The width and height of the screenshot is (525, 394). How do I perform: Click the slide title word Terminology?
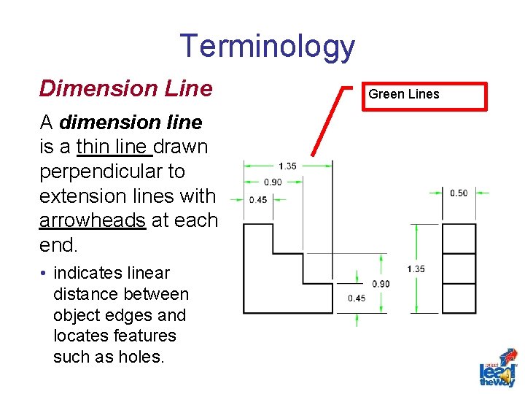(x=267, y=46)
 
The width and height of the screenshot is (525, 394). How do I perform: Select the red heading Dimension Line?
(x=125, y=88)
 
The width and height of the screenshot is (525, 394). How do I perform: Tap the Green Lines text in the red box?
(x=404, y=94)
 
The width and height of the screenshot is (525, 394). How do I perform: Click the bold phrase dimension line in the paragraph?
(x=131, y=122)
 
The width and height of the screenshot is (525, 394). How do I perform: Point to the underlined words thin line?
(x=114, y=147)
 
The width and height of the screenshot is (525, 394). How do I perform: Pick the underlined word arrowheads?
(x=92, y=220)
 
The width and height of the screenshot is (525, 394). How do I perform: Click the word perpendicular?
(x=112, y=171)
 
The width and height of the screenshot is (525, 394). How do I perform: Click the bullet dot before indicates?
(x=44, y=274)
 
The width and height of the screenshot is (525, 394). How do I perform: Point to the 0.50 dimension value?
(x=459, y=193)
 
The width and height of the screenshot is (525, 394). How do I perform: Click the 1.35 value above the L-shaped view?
(x=287, y=166)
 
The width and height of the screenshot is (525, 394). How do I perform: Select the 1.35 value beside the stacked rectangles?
(x=416, y=269)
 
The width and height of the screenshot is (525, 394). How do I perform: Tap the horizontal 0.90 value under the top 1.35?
(x=273, y=182)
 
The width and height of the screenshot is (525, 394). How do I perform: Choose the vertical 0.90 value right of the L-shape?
(x=380, y=284)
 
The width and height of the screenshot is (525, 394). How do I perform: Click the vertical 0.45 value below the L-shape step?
(x=357, y=298)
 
